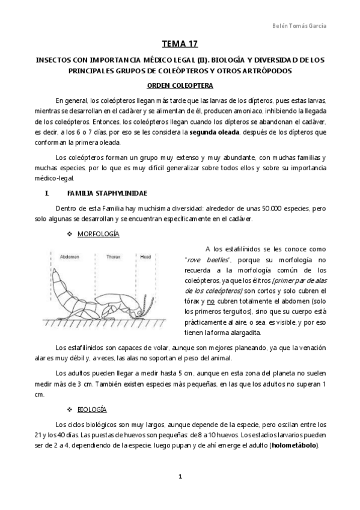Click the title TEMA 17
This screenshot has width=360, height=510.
tap(180, 45)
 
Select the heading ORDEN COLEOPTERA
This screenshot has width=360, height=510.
tap(180, 85)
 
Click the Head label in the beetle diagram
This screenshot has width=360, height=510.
tap(145, 257)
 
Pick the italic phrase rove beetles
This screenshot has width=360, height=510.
tap(204, 259)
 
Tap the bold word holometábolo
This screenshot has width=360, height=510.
tap(294, 446)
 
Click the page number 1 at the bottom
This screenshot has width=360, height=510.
tap(180, 476)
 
